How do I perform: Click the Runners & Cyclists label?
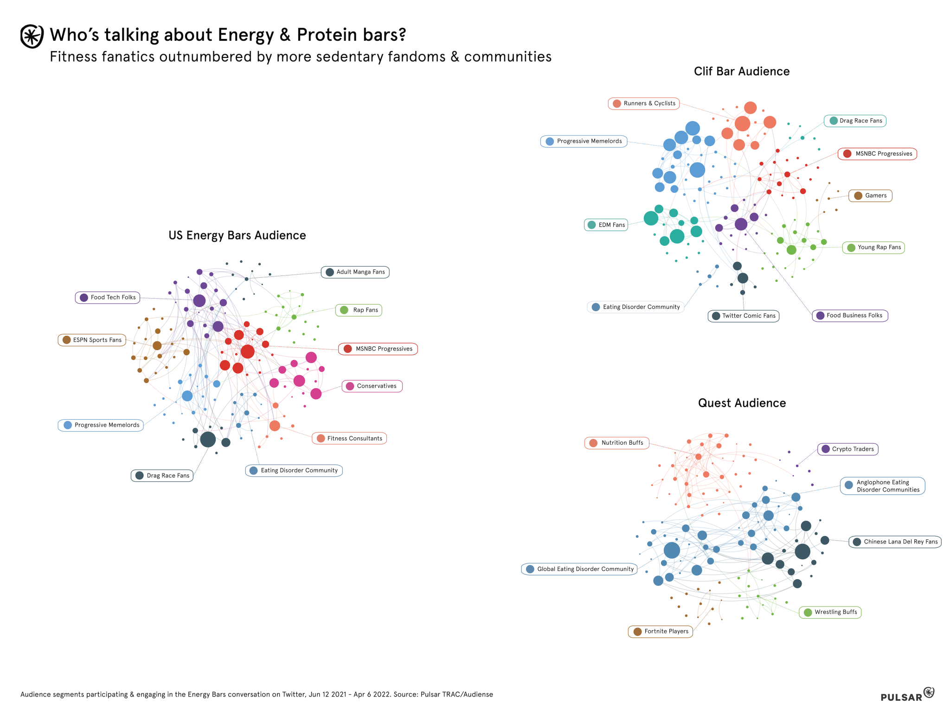click(644, 103)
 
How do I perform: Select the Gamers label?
click(870, 196)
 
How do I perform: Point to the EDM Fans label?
click(606, 225)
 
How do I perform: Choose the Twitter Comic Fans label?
click(743, 316)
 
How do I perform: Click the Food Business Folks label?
click(849, 315)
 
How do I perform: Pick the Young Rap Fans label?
click(873, 247)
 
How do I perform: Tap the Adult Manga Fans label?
click(355, 272)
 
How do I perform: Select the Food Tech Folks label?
click(108, 297)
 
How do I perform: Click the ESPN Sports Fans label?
click(92, 340)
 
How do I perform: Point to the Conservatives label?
click(372, 386)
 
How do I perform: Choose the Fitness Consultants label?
click(349, 438)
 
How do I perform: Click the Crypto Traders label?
click(847, 449)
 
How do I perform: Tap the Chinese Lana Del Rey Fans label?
click(895, 542)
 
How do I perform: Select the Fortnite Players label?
click(661, 631)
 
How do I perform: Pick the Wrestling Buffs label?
click(830, 612)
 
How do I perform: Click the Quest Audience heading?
click(742, 403)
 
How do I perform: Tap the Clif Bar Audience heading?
click(741, 71)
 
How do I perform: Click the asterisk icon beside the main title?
click(32, 36)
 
